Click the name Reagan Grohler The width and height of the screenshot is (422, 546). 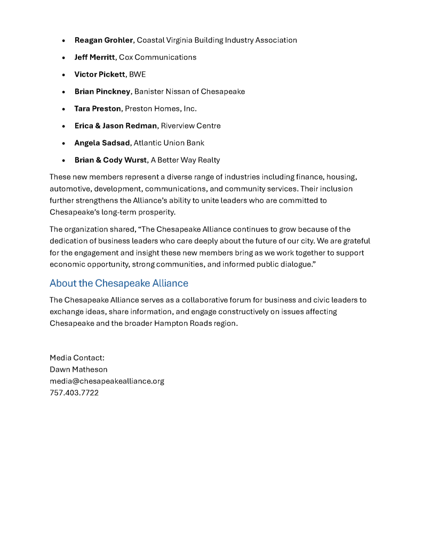(103, 41)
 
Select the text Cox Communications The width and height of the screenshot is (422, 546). (157, 58)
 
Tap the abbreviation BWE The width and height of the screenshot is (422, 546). (137, 75)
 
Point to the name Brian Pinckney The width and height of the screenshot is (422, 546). (102, 92)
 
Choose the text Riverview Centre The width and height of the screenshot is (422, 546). (190, 126)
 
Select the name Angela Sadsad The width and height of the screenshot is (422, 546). (102, 143)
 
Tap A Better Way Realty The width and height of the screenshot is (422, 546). (185, 160)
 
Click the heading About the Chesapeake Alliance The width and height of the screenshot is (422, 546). (118, 283)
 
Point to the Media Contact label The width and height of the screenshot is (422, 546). (77, 358)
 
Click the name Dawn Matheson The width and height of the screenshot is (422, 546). (78, 370)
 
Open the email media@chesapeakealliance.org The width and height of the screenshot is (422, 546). (107, 381)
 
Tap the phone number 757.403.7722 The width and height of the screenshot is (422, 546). (74, 393)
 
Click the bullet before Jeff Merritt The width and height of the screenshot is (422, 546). (63, 58)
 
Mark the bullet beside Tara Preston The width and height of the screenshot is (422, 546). (63, 109)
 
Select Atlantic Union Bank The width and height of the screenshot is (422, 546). (169, 143)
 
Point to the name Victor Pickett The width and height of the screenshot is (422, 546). (99, 75)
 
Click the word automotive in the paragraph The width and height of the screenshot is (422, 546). (69, 189)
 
